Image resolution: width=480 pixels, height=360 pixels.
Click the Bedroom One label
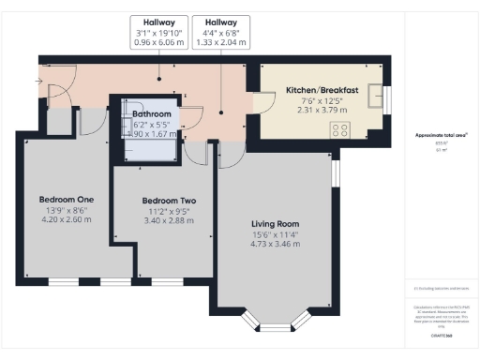click(x=67, y=200)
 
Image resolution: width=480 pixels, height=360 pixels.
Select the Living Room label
click(x=275, y=224)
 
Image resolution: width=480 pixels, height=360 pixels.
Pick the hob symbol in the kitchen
click(x=338, y=130)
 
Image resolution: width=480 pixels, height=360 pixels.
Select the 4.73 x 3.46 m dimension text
click(x=276, y=245)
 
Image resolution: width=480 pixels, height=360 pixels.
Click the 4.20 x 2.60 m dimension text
click(x=66, y=220)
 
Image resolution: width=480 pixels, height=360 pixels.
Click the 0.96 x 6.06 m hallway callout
click(x=157, y=42)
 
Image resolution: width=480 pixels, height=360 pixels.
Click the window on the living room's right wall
click(x=335, y=172)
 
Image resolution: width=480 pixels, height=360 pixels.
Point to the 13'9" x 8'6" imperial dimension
click(x=66, y=211)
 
